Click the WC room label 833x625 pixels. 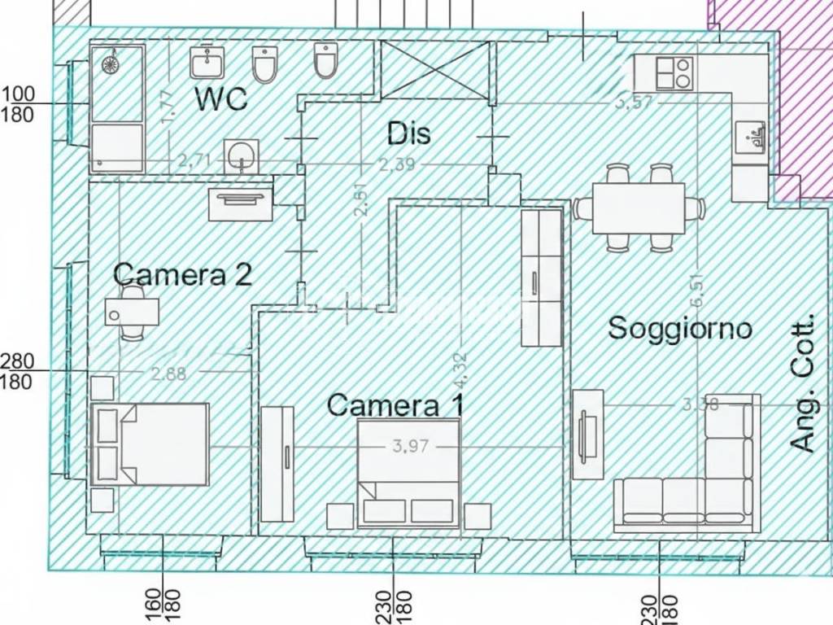(220, 98)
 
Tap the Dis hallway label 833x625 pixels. (408, 133)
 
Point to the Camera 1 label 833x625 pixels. (395, 404)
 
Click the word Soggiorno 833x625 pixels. (680, 328)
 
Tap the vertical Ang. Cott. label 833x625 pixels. (803, 384)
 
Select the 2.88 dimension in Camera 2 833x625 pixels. (168, 374)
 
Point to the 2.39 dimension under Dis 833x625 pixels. (397, 164)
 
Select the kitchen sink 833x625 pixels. (749, 138)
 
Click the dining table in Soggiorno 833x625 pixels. (639, 208)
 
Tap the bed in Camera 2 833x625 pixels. (150, 444)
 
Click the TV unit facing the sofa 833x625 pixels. (587, 434)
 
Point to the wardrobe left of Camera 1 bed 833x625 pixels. (277, 463)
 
